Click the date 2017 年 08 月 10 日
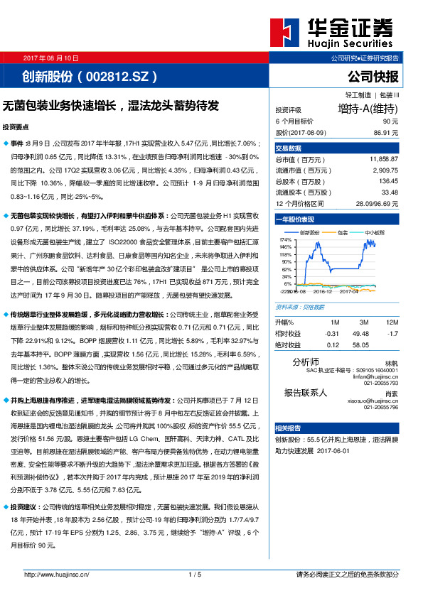51,58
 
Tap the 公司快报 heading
373,76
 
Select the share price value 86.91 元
385,132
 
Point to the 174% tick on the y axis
286,241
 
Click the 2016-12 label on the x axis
323,290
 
